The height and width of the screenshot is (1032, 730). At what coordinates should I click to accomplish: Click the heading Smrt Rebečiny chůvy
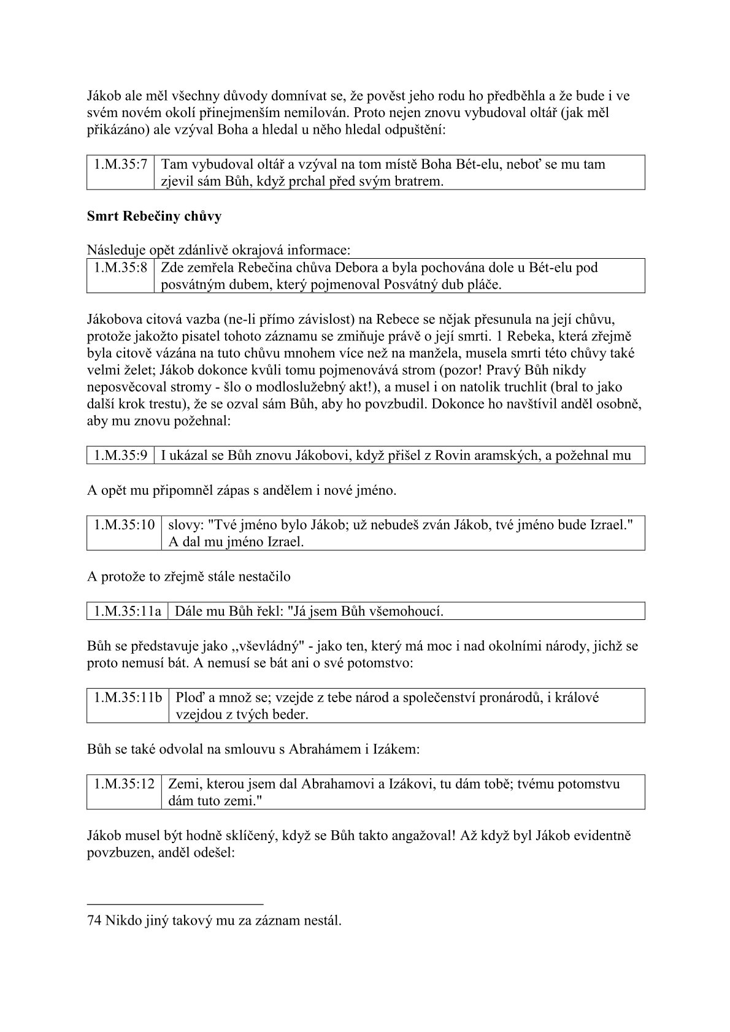[154, 216]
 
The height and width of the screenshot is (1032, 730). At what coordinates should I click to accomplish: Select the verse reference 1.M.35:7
[121, 164]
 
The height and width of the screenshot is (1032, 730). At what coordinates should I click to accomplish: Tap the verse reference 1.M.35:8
[121, 267]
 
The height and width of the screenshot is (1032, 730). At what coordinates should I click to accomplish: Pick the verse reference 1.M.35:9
[121, 455]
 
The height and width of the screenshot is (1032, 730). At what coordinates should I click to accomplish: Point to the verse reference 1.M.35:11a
[128, 611]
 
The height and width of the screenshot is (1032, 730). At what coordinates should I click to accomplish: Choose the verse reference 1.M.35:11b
[128, 697]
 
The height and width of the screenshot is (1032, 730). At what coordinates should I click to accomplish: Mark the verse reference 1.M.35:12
[124, 784]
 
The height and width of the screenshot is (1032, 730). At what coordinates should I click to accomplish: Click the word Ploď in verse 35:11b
[188, 697]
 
